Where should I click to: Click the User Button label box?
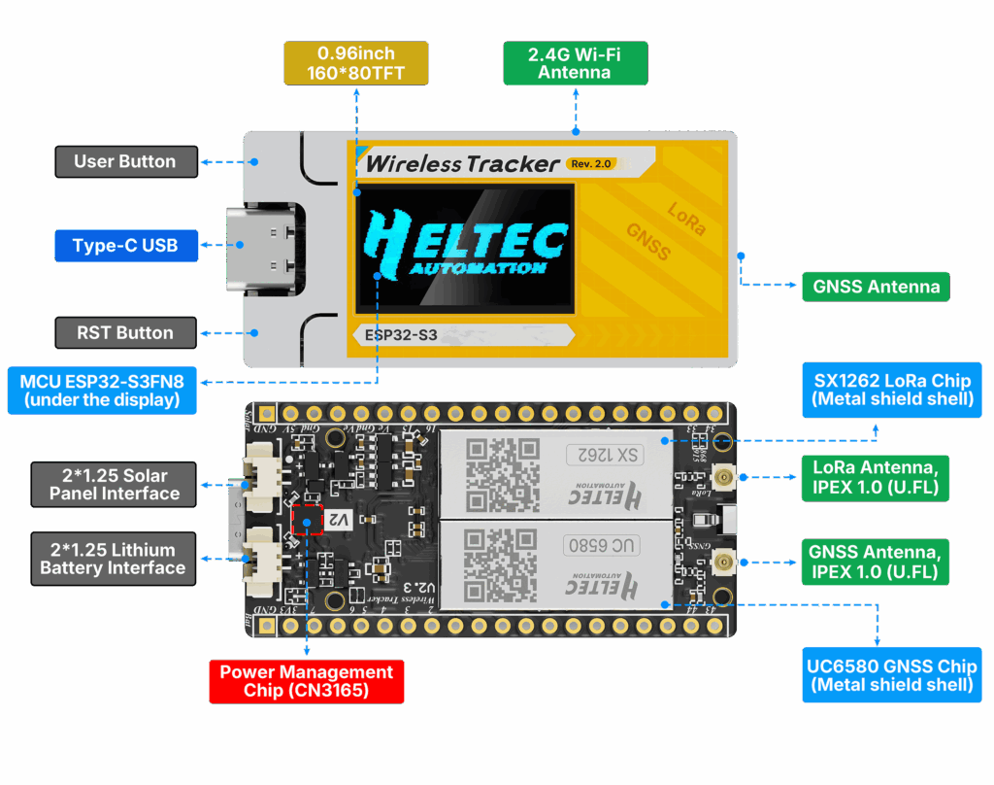pyautogui.click(x=125, y=161)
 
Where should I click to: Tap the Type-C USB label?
pyautogui.click(x=125, y=245)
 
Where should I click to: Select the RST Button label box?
pyautogui.click(x=125, y=332)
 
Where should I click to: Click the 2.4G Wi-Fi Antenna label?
pyautogui.click(x=575, y=63)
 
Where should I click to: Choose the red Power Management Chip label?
pyautogui.click(x=306, y=680)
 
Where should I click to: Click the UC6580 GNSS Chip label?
pyautogui.click(x=891, y=675)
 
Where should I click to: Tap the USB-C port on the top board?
pyautogui.click(x=261, y=249)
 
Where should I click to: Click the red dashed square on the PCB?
pyautogui.click(x=307, y=520)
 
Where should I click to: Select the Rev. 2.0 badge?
pyautogui.click(x=591, y=163)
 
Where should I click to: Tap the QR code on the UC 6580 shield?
pyautogui.click(x=502, y=566)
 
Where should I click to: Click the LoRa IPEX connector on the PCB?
pyautogui.click(x=722, y=477)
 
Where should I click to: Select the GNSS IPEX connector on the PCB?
pyautogui.click(x=722, y=562)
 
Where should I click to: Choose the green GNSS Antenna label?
pyautogui.click(x=876, y=287)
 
